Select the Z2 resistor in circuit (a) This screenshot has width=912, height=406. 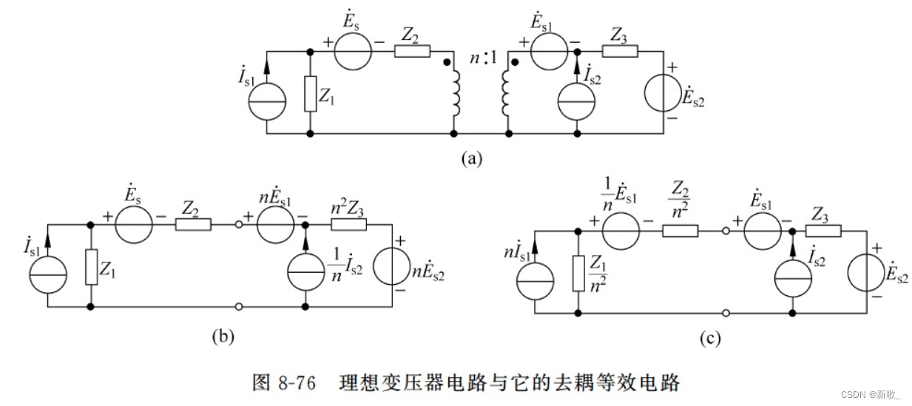412,52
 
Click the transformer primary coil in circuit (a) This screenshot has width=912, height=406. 453,94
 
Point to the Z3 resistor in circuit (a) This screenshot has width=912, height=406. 619,52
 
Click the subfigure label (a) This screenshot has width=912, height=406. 471,158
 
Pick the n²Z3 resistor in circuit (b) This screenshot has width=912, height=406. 348,224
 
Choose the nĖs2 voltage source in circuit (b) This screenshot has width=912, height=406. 391,266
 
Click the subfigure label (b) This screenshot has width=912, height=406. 223,336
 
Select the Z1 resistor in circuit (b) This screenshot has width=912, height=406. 91,267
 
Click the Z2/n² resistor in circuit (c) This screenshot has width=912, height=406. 680,230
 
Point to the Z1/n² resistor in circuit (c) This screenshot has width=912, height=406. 578,271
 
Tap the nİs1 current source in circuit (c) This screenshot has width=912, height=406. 533,282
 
